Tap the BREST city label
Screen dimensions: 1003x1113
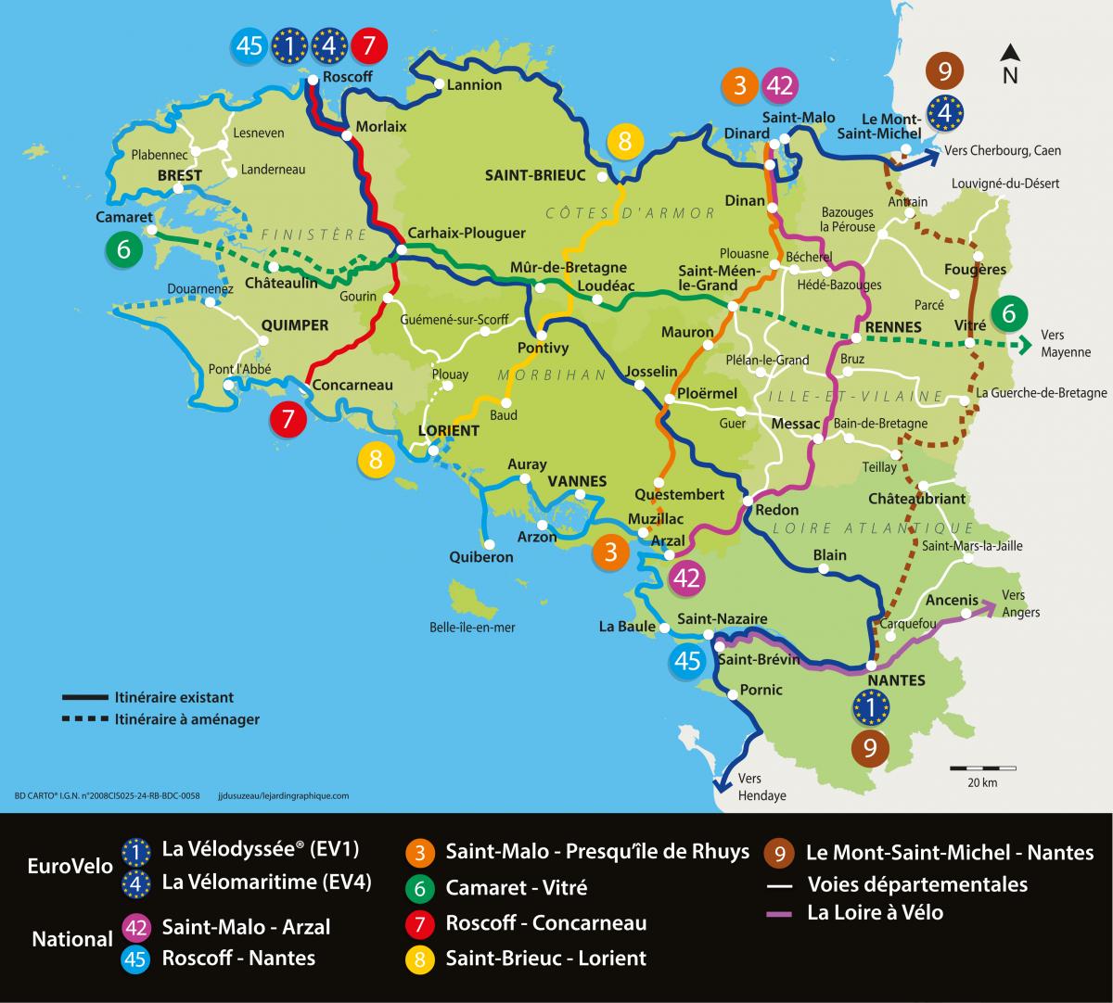coord(180,175)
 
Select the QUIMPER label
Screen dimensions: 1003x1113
coord(295,324)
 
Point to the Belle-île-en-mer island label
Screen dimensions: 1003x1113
coord(472,628)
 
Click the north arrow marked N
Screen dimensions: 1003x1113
coord(1010,65)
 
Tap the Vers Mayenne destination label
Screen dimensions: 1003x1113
coord(1065,343)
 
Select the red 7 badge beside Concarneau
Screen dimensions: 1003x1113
coord(288,420)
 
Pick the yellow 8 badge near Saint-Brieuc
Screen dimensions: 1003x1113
coord(625,142)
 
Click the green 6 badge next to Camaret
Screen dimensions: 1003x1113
coord(124,249)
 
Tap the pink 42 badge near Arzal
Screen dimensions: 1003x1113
coord(686,578)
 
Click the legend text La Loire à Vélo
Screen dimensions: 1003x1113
coord(875,912)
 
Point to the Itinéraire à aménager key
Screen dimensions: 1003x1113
coord(186,718)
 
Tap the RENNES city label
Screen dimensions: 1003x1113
coord(893,326)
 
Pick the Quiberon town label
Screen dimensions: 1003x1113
coord(480,557)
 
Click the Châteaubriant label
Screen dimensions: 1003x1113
coord(916,499)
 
